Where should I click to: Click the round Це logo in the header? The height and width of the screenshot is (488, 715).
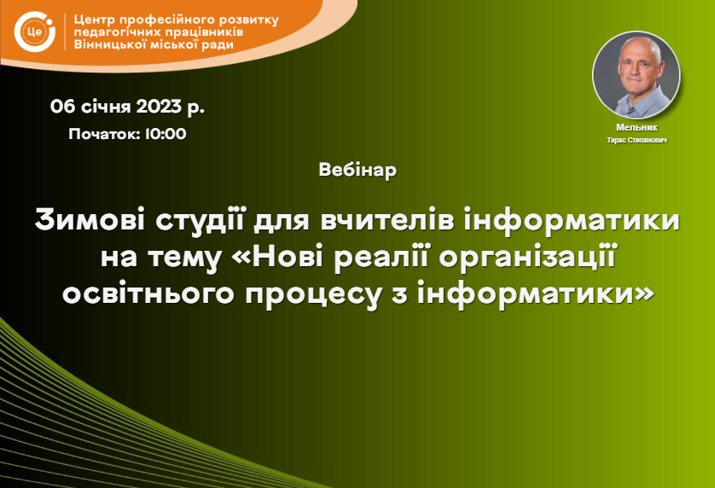35,32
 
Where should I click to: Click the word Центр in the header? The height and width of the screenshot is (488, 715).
94,20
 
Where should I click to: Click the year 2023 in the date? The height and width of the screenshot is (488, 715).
159,107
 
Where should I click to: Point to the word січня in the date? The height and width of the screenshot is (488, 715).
106,107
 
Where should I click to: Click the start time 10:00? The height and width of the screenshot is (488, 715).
166,134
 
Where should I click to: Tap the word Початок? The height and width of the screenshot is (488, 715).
104,134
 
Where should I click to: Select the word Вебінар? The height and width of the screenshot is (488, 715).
357,170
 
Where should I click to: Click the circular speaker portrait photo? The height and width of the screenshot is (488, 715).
637,75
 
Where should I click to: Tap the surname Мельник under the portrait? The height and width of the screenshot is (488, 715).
637,128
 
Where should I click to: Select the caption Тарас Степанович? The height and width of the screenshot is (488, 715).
637,140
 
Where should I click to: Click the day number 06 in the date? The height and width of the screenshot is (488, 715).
62,107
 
